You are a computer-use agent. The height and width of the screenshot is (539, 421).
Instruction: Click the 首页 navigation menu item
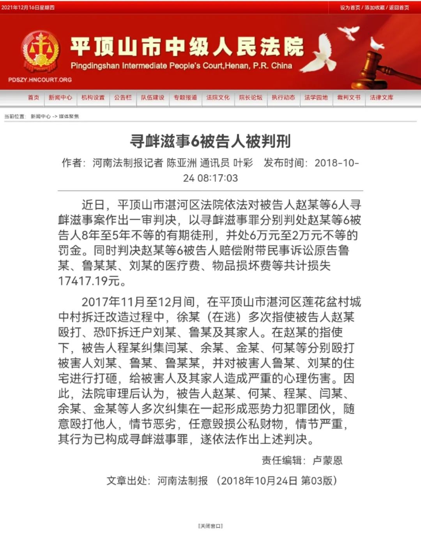(34, 98)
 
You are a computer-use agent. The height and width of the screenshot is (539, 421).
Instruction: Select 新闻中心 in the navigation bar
(60, 98)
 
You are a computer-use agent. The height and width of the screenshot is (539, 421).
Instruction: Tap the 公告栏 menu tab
(123, 98)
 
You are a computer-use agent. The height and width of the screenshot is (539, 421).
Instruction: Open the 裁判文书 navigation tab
(349, 98)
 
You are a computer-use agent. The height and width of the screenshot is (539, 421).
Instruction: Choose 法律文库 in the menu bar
(382, 98)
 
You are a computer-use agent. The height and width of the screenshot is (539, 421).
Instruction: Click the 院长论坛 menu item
(251, 98)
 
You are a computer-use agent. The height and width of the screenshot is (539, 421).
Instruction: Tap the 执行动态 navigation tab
(283, 98)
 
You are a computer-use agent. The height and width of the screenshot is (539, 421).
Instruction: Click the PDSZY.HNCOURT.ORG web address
(40, 80)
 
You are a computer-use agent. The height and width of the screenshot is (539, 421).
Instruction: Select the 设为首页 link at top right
(350, 7)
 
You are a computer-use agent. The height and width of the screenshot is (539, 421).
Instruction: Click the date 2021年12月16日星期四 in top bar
(28, 7)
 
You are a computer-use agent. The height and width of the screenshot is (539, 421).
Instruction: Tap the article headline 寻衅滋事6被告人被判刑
(210, 141)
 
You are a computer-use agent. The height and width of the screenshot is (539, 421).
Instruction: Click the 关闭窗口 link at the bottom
(210, 526)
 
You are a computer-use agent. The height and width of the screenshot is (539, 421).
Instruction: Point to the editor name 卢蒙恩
(327, 460)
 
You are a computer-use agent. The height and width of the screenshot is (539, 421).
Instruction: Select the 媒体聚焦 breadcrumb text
(69, 116)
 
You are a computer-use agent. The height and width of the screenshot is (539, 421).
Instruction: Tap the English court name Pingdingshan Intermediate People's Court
(181, 66)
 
